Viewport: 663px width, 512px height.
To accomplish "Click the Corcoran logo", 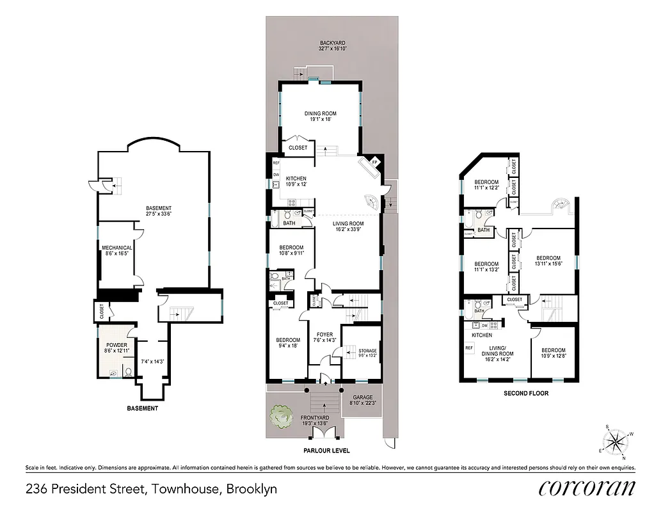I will pos(587,488).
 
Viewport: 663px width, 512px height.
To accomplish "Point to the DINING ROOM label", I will pos(320,114).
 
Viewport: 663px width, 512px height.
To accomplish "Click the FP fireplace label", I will pos(376,161).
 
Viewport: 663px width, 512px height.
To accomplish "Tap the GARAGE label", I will pos(362,397).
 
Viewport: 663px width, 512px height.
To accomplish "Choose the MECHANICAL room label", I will pos(116,248).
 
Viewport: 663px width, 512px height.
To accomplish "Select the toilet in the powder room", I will pos(128,372).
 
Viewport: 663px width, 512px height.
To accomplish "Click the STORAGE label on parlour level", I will pos(367,351).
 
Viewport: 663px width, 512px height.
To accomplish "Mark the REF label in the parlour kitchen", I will pos(276,163).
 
